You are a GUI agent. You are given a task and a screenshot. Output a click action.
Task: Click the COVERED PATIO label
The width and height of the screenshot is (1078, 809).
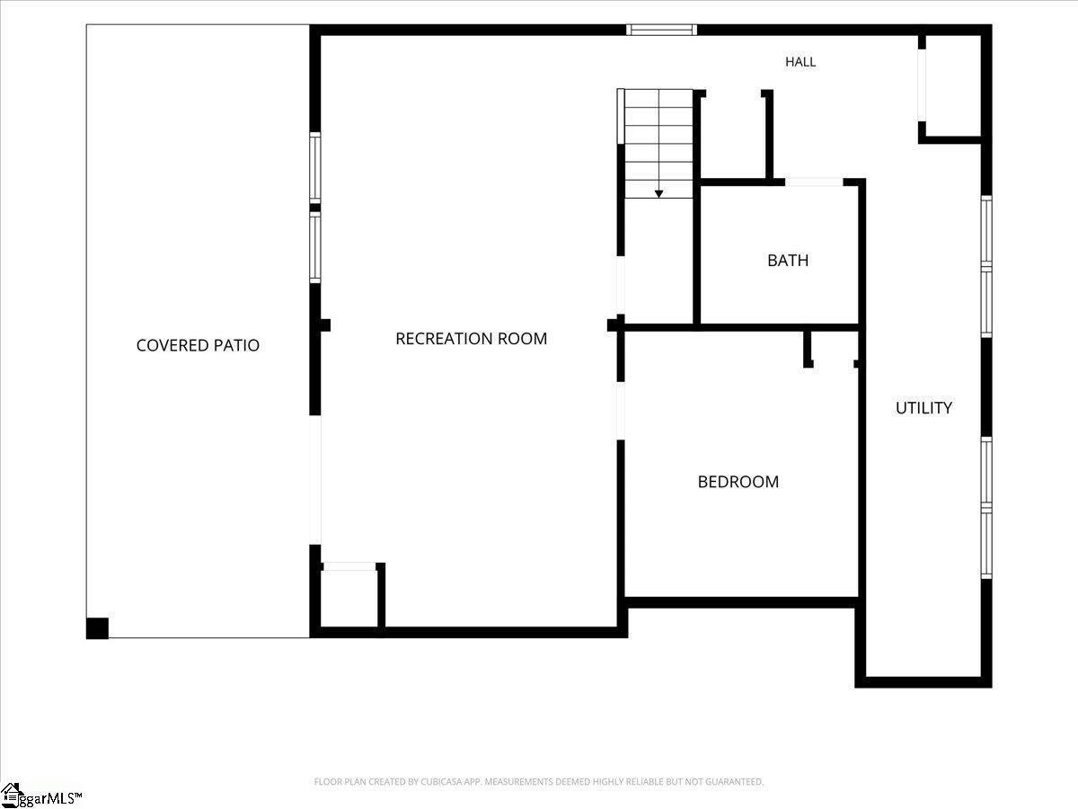tap(198, 345)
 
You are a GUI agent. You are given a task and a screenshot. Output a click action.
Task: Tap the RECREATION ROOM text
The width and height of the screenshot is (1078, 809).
tap(471, 339)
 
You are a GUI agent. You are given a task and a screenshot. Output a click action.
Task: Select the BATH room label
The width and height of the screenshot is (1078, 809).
tap(788, 261)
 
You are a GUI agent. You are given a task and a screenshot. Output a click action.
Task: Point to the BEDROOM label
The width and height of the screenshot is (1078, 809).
tap(738, 482)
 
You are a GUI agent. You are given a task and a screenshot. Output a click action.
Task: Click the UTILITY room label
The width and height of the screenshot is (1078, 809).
tap(923, 408)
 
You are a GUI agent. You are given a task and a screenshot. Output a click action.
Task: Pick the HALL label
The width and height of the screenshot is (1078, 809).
tap(800, 62)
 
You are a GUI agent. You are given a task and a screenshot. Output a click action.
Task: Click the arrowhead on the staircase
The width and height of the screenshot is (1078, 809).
tap(658, 194)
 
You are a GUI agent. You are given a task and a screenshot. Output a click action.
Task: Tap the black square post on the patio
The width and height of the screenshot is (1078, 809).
tap(97, 628)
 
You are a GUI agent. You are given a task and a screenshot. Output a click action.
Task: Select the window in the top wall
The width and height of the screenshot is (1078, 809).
tap(661, 30)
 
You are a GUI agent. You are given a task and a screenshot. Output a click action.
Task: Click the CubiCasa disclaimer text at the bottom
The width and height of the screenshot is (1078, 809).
tap(539, 781)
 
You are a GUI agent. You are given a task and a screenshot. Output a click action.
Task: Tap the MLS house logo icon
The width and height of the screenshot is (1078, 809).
tap(10, 796)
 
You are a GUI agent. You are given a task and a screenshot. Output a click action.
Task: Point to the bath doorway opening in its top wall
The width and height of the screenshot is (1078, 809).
tap(814, 182)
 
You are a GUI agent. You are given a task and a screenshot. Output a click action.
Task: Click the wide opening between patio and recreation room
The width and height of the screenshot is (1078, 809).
tap(315, 480)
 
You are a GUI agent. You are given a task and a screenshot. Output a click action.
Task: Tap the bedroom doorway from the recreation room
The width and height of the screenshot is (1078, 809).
tap(621, 411)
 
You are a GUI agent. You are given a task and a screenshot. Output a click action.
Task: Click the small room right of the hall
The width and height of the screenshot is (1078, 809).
tap(953, 86)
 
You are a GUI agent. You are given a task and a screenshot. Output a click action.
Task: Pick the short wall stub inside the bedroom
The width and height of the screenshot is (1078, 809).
tap(808, 350)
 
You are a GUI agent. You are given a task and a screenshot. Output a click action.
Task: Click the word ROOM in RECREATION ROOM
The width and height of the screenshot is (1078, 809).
tap(523, 339)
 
